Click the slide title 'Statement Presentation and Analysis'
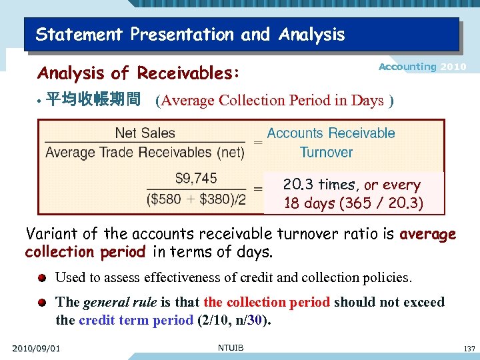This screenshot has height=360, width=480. click(190, 35)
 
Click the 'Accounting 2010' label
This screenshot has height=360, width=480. click(422, 67)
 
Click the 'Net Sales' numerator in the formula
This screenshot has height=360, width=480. click(145, 133)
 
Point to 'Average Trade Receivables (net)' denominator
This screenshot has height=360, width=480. click(145, 153)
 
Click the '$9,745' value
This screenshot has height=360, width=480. click(196, 178)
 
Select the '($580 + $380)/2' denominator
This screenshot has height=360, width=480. click(196, 199)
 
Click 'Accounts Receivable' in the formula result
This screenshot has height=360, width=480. click(331, 133)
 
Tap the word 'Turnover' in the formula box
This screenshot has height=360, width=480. click(326, 152)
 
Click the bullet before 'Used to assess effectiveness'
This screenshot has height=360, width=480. click(42, 277)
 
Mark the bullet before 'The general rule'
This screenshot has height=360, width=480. click(42, 302)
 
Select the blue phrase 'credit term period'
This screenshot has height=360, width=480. click(136, 319)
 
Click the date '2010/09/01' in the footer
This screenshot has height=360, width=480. click(36, 348)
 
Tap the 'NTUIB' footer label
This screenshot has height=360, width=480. click(231, 347)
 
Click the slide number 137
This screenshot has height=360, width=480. click(469, 348)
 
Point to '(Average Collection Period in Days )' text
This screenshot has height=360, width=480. click(274, 101)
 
